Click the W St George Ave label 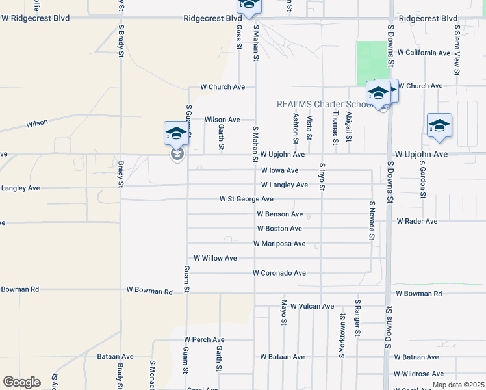coord(246,199)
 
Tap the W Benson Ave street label coord(279,214)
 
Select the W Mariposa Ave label coord(279,244)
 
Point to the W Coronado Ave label coord(279,273)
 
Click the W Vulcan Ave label coord(312,306)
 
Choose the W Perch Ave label coord(204,339)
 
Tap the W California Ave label coord(424,53)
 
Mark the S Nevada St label coord(372,220)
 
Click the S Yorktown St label coord(342,335)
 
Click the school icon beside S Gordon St coord(439,126)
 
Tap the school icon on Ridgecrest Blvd coord(248,5)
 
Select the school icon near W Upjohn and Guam coord(176,134)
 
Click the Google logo coord(21,382)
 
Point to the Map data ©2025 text coord(457,385)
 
